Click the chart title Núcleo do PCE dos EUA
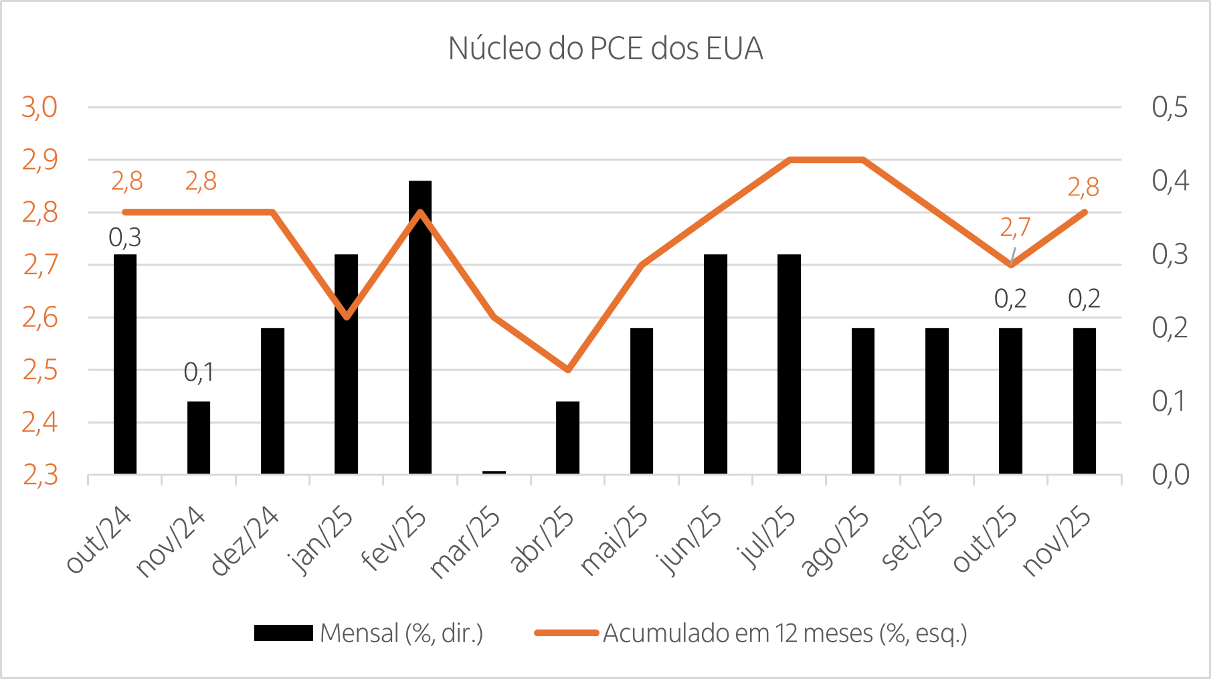(x=605, y=49)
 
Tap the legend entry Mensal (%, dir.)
(x=401, y=633)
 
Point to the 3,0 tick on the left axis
(x=40, y=107)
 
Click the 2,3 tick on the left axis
(x=40, y=475)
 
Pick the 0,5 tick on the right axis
(x=1170, y=107)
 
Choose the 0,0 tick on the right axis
(x=1170, y=475)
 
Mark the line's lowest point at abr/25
(x=567, y=369)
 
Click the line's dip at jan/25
(x=347, y=317)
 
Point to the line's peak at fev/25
(x=420, y=212)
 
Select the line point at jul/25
(x=789, y=160)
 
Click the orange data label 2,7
(x=1015, y=228)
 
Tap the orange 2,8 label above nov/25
(x=1083, y=187)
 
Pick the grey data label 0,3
(x=125, y=237)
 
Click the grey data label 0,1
(x=199, y=373)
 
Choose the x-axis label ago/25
(x=836, y=541)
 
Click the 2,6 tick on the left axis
(x=40, y=318)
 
